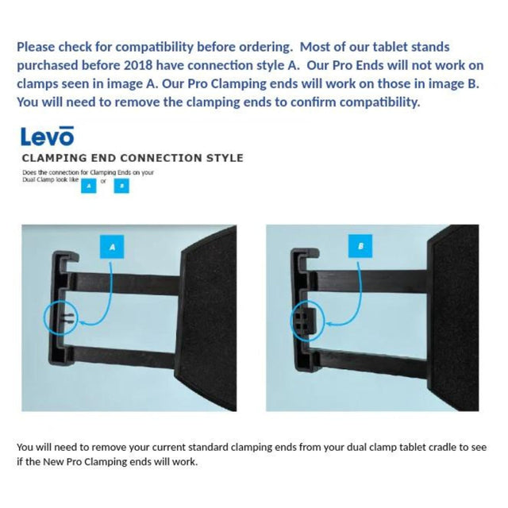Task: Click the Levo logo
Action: coord(47,137)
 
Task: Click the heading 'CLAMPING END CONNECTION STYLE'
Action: coord(132,158)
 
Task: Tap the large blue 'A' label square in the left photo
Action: coord(112,248)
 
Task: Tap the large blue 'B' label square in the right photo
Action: coord(361,248)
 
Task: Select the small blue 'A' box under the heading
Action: coord(90,185)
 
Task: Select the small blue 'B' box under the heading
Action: coord(121,185)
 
